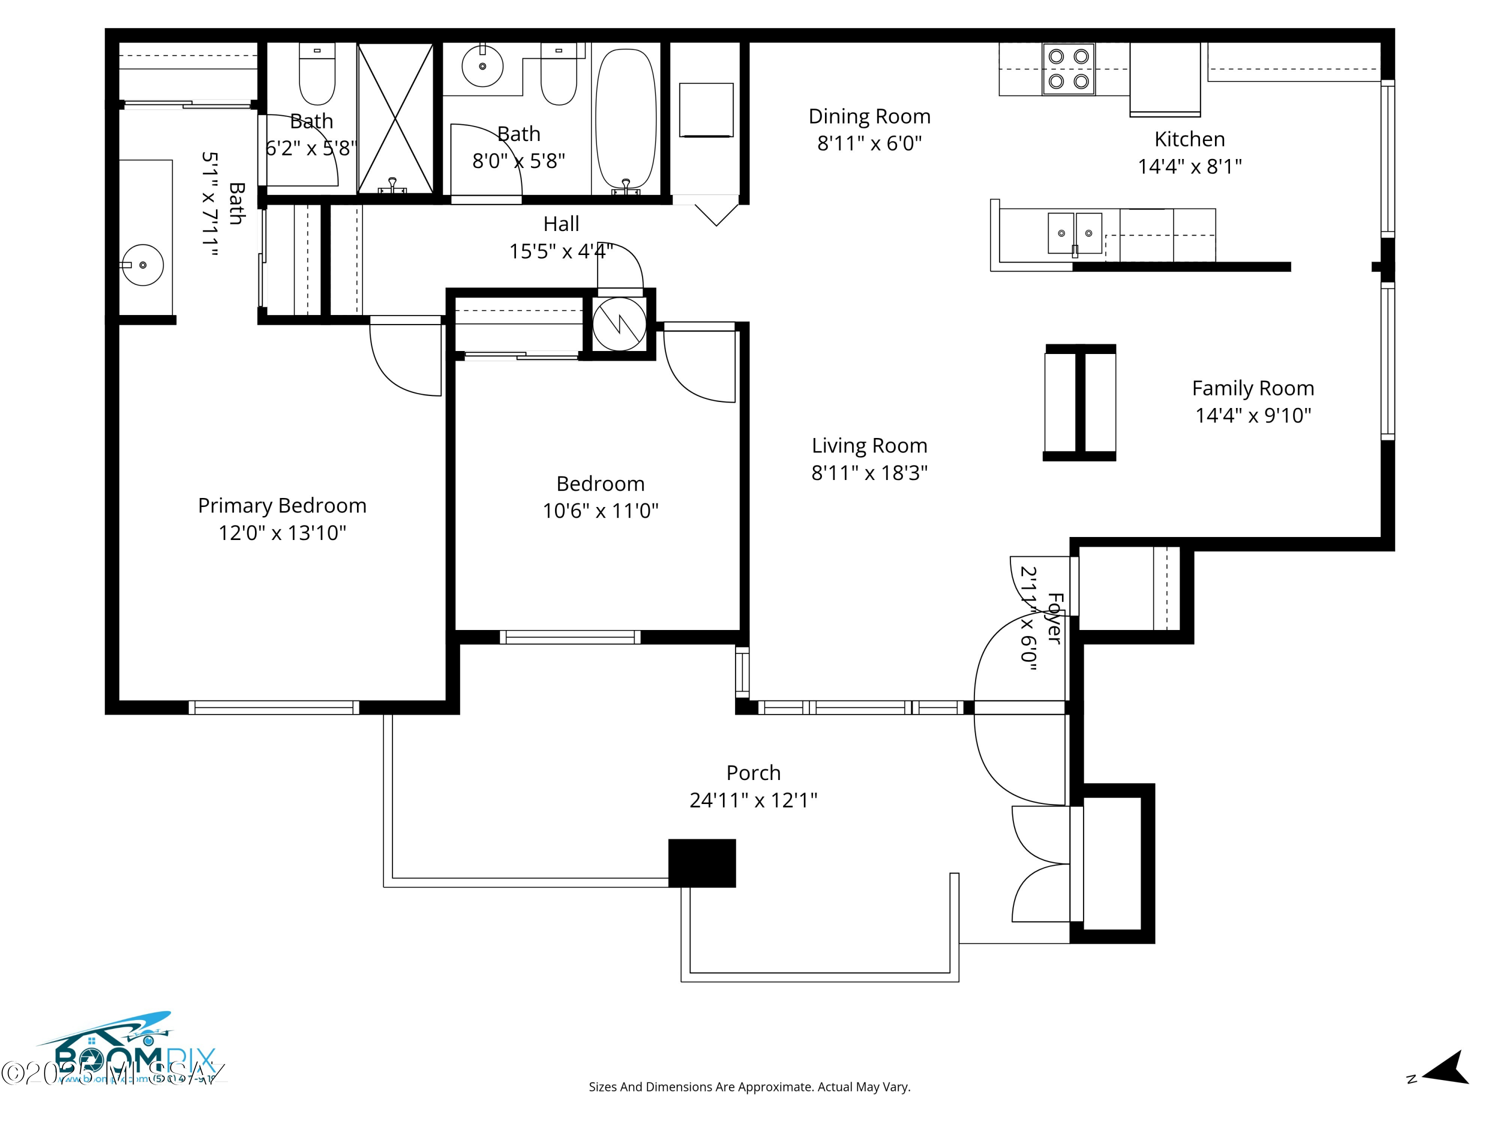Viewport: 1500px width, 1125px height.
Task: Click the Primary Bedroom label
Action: coord(282,506)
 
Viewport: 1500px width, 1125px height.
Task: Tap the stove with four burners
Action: coord(1068,69)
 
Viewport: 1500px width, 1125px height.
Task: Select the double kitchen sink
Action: coord(1075,233)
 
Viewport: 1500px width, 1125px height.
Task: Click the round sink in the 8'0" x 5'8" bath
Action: coord(482,66)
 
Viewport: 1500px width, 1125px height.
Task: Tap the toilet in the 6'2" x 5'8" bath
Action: coord(316,76)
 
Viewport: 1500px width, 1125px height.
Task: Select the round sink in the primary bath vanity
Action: coord(143,264)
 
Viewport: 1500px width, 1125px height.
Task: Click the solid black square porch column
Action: coord(702,862)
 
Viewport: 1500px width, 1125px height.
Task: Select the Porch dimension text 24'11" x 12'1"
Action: coord(753,801)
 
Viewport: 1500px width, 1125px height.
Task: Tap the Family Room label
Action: coord(1252,388)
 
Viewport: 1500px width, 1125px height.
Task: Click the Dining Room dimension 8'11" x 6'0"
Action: coord(869,144)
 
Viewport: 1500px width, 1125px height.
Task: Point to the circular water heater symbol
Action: coord(619,325)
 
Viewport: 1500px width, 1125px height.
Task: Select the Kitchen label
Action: coord(1189,139)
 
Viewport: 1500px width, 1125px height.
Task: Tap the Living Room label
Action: coord(869,445)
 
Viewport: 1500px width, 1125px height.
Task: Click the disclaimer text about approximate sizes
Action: coord(749,1087)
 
